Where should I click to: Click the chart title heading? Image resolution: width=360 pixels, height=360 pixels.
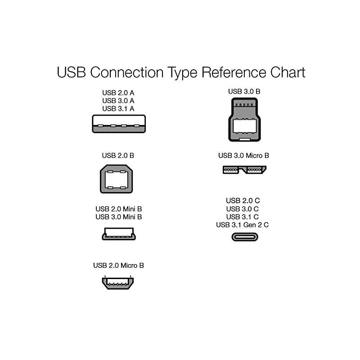coord(181,72)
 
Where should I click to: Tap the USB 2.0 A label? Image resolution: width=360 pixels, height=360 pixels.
coord(118,93)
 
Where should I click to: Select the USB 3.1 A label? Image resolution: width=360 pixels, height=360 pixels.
coord(118,108)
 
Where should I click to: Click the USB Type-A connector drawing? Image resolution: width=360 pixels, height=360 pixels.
coord(119,124)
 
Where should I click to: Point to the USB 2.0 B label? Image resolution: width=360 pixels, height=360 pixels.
coord(118,156)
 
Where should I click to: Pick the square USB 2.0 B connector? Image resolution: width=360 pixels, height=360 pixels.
coord(116,179)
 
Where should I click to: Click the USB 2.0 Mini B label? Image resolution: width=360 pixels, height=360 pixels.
coord(119,209)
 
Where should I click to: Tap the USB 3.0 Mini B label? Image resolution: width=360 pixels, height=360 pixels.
coord(119,217)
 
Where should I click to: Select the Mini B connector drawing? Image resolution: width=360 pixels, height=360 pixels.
coord(119,234)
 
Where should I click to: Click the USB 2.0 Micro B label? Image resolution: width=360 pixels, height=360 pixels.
coord(119,265)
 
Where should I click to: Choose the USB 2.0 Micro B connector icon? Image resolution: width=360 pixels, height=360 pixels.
coord(117,283)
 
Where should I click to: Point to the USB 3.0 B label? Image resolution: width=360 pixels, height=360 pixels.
coord(244,91)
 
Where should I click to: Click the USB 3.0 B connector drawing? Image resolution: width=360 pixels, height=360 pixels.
coord(244,121)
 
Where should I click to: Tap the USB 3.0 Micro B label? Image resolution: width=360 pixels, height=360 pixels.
coord(244,156)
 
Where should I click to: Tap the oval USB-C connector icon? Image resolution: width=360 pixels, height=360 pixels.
coord(244,237)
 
